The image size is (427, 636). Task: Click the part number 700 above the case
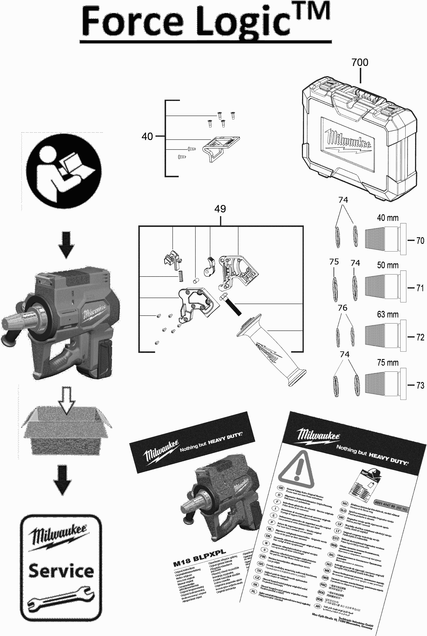[360, 62]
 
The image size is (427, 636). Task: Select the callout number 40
[147, 136]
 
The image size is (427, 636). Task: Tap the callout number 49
[220, 209]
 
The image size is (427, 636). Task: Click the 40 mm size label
[388, 218]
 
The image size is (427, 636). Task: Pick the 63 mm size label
[388, 314]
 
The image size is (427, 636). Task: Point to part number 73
[420, 385]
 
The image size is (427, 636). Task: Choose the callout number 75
[334, 262]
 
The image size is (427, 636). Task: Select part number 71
[420, 288]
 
